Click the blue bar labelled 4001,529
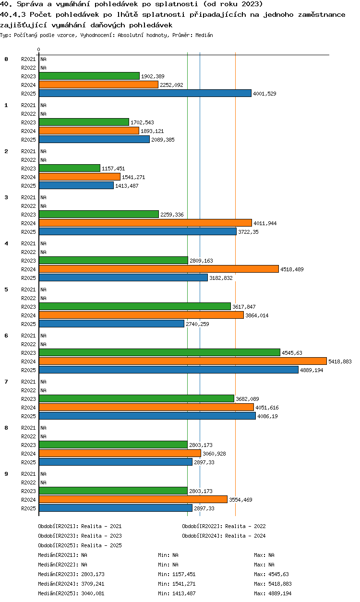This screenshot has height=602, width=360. (x=145, y=93)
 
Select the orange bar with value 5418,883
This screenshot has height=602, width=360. (x=183, y=361)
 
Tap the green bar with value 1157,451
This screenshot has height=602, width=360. (x=69, y=168)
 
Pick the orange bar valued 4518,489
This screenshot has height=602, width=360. (x=159, y=269)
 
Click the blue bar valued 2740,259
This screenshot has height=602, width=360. (x=111, y=324)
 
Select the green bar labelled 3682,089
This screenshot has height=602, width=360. (x=136, y=398)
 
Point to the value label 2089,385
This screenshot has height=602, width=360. (x=163, y=140)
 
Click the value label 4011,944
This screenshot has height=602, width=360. (x=265, y=223)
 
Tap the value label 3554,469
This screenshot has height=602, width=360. (x=240, y=500)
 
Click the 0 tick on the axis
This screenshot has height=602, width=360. (x=39, y=49)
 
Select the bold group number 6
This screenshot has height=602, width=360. (x=6, y=336)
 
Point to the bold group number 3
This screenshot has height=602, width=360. (x=6, y=197)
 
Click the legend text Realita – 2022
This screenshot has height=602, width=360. (x=245, y=526)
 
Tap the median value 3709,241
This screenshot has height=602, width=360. (x=93, y=584)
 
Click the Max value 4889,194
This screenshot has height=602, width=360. (x=280, y=593)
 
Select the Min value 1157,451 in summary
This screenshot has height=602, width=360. (x=184, y=574)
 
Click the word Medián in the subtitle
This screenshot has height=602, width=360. (x=204, y=35)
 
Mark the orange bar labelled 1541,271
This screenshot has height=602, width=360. (x=80, y=177)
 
